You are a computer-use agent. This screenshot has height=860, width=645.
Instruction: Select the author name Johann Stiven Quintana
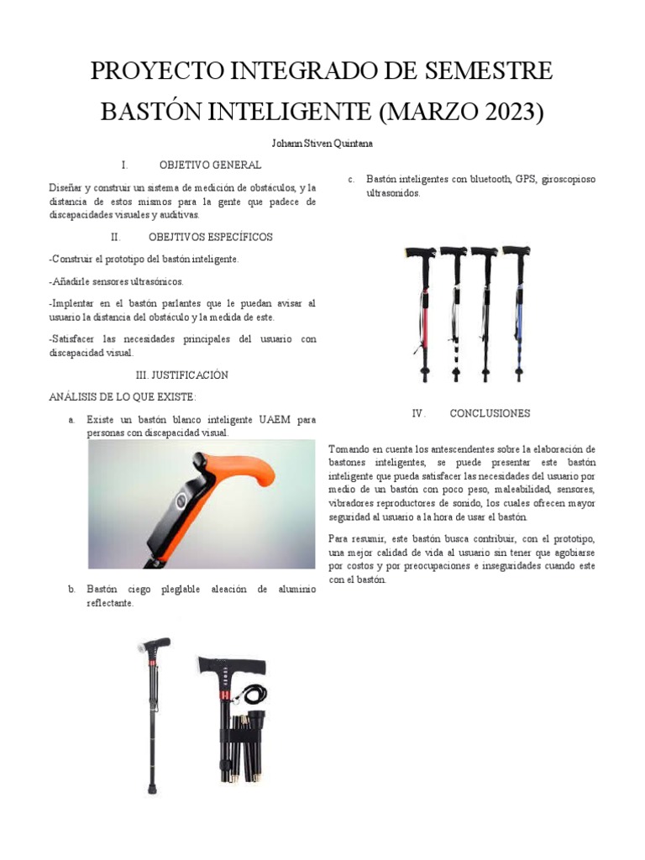[322, 144]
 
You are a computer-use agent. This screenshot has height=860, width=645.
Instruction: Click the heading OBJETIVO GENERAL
[210, 165]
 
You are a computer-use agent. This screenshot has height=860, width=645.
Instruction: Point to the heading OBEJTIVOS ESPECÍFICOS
[211, 237]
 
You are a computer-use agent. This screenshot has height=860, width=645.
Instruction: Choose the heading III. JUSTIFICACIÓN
[182, 375]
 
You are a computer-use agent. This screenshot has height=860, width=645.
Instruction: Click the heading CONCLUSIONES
[490, 413]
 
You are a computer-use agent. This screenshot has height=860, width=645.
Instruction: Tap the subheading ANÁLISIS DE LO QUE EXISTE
[123, 396]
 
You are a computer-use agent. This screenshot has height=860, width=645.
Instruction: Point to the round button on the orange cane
[181, 501]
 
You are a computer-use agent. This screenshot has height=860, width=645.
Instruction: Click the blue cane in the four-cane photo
[518, 312]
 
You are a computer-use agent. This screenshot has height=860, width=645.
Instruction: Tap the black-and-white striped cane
[454, 312]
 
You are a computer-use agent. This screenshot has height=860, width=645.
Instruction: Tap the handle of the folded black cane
[233, 665]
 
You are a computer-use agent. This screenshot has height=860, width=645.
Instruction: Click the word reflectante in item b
[110, 603]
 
